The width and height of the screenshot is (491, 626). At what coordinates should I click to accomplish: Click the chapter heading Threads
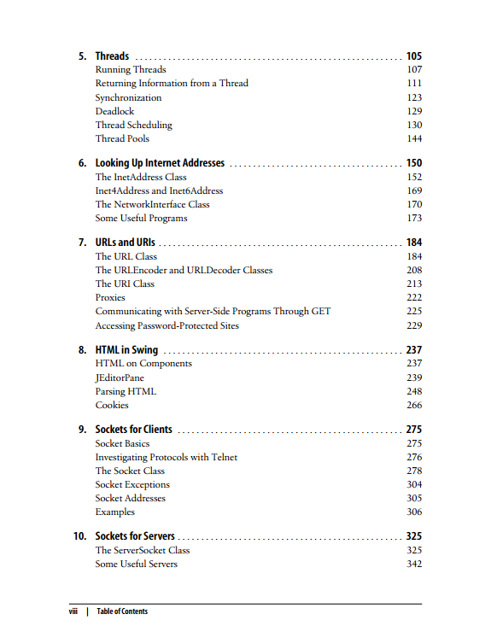(x=112, y=56)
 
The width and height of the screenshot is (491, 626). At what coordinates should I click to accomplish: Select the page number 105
(x=414, y=56)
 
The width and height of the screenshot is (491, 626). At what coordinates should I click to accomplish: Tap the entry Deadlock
(x=114, y=111)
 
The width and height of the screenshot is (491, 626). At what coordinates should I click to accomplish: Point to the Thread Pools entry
(x=122, y=138)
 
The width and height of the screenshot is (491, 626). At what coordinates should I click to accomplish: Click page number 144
(x=414, y=138)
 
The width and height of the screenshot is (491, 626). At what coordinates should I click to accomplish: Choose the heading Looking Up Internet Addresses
(x=160, y=163)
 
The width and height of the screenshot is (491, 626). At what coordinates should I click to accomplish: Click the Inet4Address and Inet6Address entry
(x=159, y=190)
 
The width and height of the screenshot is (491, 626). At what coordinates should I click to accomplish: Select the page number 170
(x=414, y=204)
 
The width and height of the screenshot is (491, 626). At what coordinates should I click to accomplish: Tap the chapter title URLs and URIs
(x=125, y=243)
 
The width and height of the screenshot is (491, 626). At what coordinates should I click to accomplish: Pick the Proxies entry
(x=110, y=297)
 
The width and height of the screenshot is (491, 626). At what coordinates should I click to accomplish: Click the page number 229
(x=414, y=325)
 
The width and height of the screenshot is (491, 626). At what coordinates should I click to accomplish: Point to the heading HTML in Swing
(x=126, y=350)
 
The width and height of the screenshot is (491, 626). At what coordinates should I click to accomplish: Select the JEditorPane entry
(x=120, y=377)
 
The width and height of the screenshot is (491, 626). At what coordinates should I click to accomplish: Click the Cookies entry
(x=112, y=405)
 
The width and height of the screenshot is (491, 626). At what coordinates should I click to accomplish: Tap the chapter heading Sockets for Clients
(x=133, y=430)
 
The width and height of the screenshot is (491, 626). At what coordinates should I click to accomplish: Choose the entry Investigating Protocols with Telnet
(x=166, y=457)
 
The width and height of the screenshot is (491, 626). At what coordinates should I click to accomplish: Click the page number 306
(x=414, y=512)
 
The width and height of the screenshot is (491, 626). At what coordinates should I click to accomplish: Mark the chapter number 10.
(x=79, y=536)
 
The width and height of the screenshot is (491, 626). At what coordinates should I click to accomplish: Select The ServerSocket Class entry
(x=142, y=550)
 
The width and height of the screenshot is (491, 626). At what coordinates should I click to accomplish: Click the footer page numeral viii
(x=73, y=611)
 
